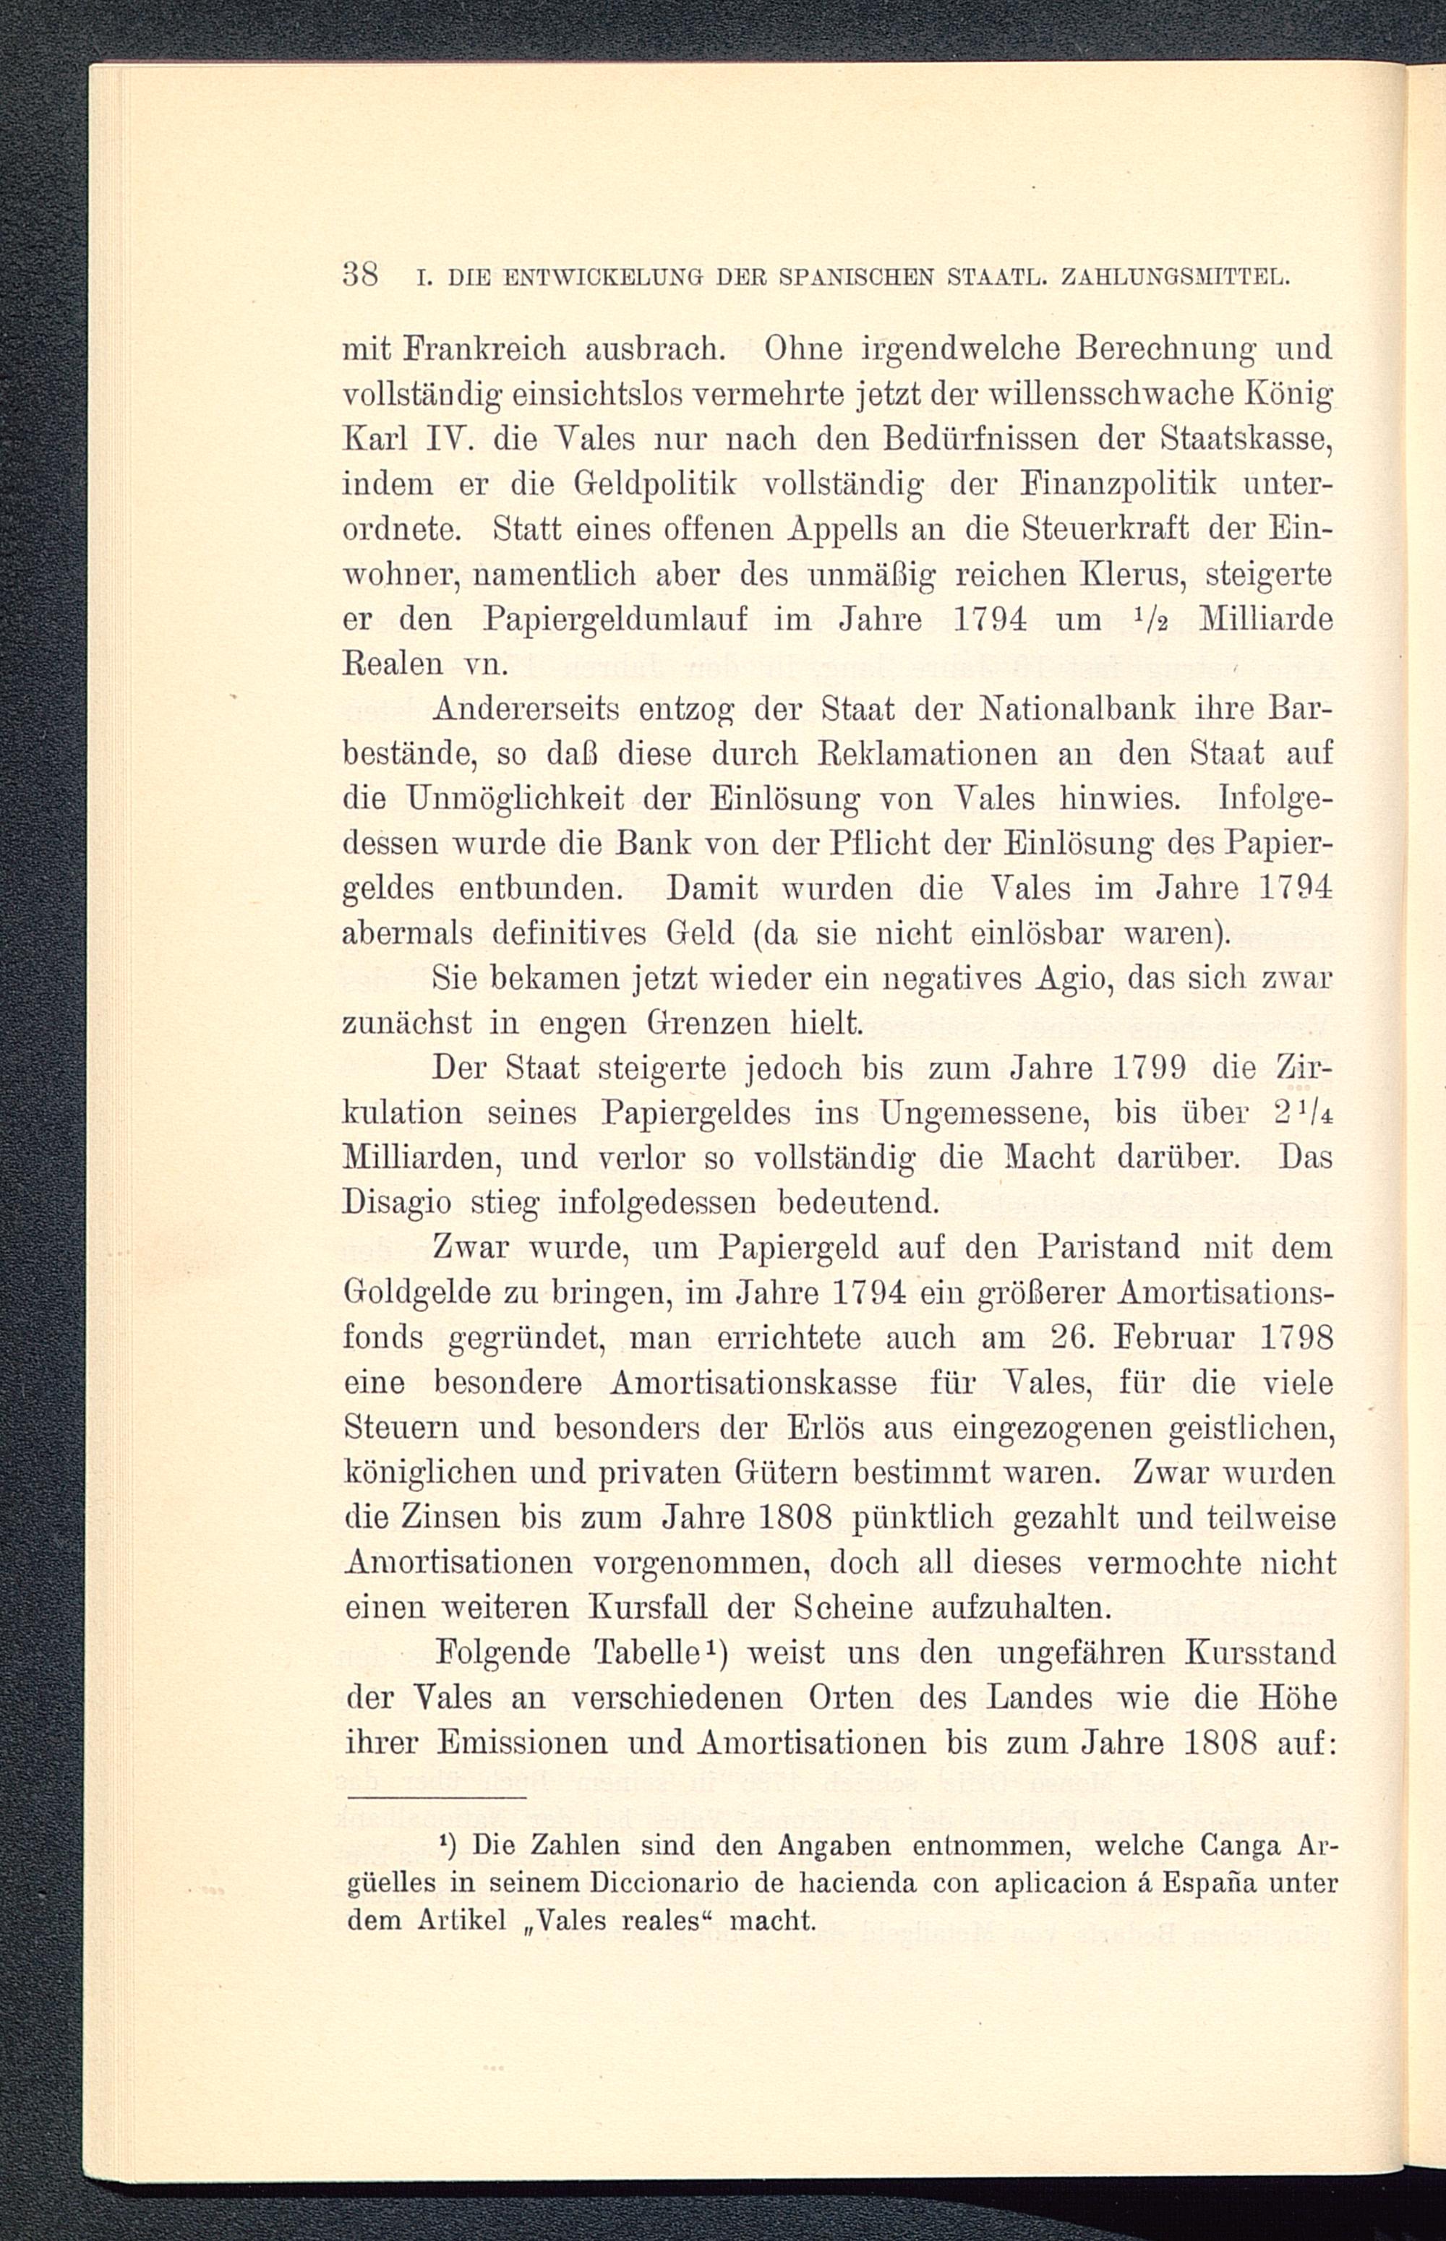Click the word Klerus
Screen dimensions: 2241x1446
click(x=1123, y=575)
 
